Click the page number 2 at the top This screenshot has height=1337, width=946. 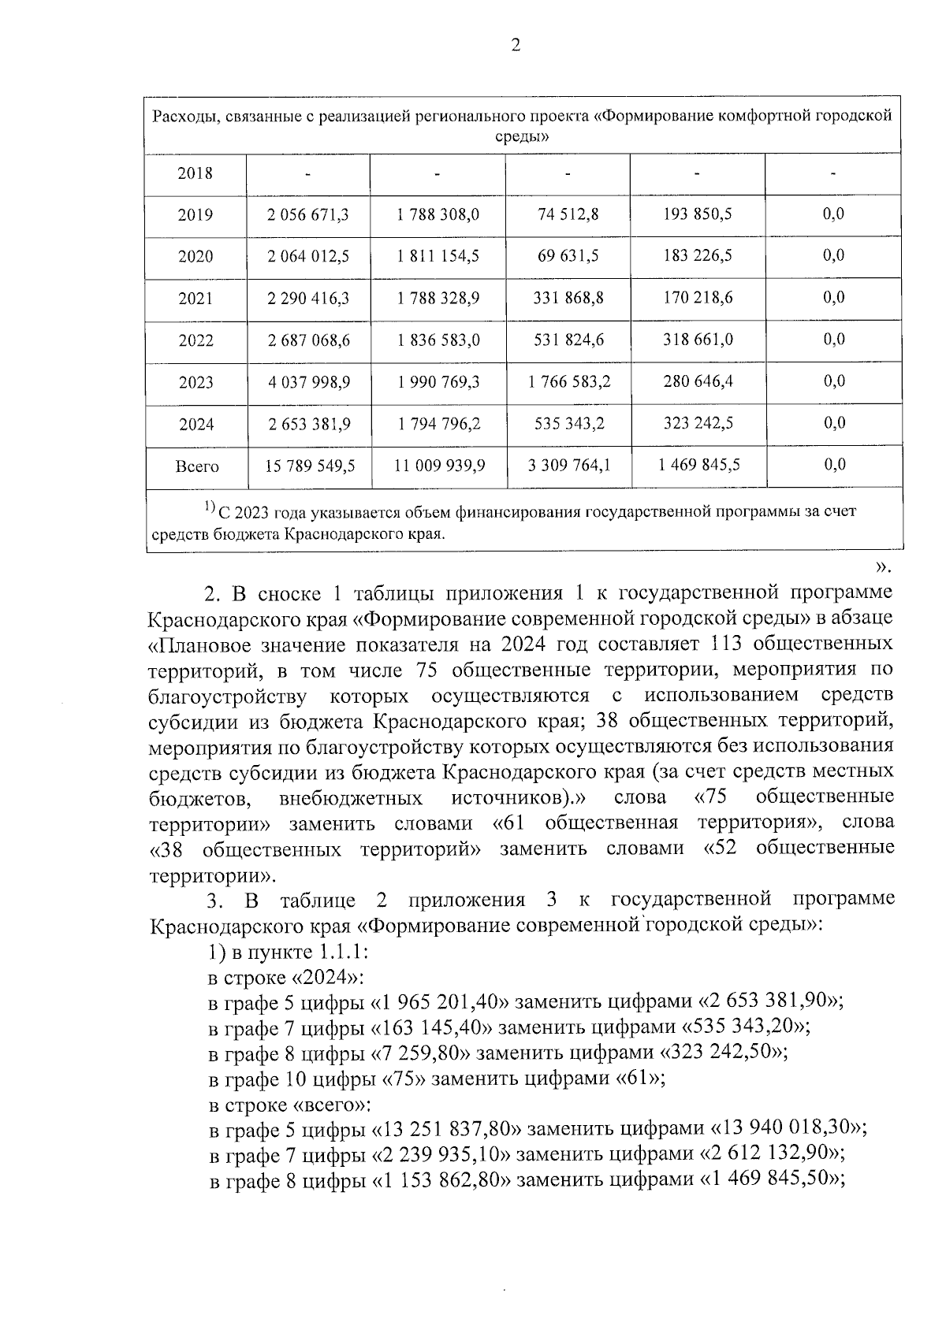(516, 46)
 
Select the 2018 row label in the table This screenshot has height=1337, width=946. (196, 173)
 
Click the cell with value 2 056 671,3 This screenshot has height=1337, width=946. (308, 215)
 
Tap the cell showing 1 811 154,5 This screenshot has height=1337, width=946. (438, 257)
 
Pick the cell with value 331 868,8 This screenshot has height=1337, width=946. (568, 299)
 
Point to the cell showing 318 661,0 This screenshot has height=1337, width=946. (698, 340)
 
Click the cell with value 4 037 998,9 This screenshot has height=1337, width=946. (308, 382)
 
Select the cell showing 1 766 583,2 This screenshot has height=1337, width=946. (568, 382)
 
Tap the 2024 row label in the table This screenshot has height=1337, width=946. (196, 425)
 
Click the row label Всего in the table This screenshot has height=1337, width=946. (196, 466)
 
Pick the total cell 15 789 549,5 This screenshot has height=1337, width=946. (310, 466)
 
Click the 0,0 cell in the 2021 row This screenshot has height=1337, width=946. (833, 298)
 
